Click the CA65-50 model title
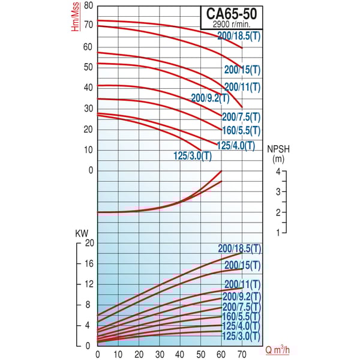tap(231, 13)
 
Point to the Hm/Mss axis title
tap(75, 19)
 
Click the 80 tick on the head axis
tap(89, 5)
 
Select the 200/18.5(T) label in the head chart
tap(239, 37)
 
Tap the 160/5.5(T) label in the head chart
tap(242, 130)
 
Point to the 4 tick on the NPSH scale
tap(278, 172)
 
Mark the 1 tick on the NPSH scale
tap(278, 232)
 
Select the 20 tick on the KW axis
tap(90, 243)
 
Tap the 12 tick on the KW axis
tap(90, 284)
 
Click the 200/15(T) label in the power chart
tap(242, 265)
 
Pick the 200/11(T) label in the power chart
tap(242, 284)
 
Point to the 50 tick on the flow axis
tap(201, 354)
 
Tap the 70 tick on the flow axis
tap(242, 354)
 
